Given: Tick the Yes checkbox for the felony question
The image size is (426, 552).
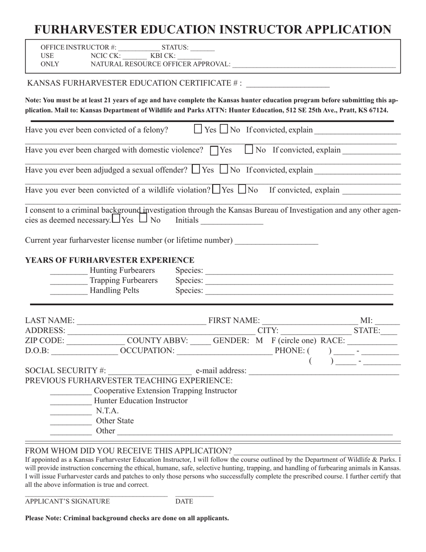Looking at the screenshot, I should (198, 129).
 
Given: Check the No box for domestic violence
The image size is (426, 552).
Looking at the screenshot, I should (249, 149).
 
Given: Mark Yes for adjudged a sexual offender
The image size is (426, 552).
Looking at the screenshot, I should (196, 170).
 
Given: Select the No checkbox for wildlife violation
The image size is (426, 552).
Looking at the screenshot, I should (242, 189).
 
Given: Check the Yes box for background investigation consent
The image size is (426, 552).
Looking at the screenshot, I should (116, 219).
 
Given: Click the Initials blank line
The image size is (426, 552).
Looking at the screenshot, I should (232, 221).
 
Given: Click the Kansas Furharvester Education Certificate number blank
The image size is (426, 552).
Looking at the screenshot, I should (288, 83).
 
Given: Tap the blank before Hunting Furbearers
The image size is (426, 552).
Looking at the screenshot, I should (69, 271).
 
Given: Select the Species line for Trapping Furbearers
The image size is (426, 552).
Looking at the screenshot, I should (299, 281).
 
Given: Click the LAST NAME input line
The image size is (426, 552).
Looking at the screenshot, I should (141, 321).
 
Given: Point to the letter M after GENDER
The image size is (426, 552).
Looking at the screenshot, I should (259, 341).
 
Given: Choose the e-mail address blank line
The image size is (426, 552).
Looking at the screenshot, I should (323, 371).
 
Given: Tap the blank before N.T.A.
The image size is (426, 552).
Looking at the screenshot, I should (70, 411).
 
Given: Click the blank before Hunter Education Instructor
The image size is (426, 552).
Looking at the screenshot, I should (70, 401).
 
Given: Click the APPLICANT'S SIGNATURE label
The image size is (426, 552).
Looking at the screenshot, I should (67, 502).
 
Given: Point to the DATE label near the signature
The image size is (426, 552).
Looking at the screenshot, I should (184, 502).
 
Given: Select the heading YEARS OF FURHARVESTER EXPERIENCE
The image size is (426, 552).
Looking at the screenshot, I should (110, 260).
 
